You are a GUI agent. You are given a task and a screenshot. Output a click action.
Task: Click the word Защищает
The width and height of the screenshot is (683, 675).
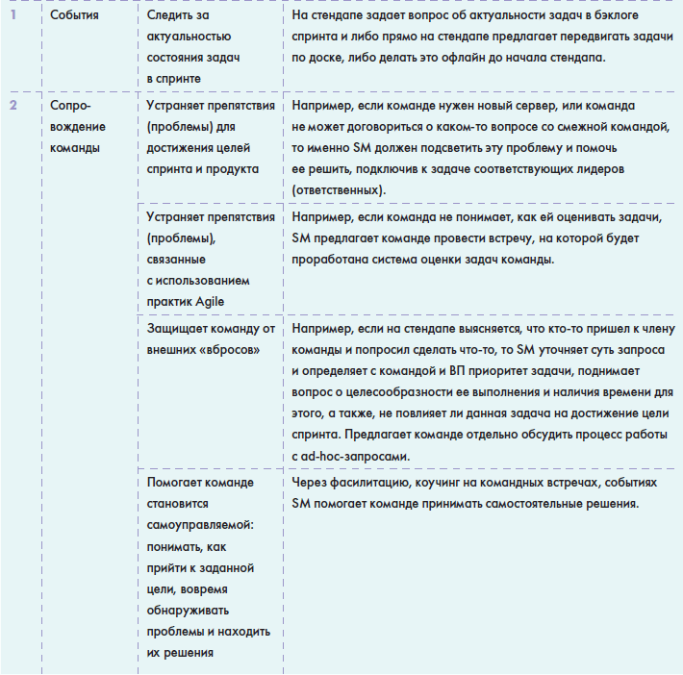(x=182, y=327)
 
